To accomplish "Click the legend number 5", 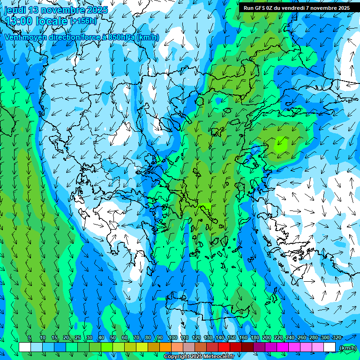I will (30, 338).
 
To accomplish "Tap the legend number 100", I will (172, 338).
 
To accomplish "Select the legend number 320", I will (337, 338).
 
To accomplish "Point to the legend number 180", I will (255, 338).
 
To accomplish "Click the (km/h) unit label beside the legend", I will (347, 348).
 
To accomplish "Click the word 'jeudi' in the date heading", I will (15, 10).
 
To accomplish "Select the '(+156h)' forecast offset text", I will (83, 21).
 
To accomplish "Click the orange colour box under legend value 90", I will (165, 347).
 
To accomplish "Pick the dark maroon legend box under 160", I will (247, 347).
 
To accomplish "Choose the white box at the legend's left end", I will (25, 347).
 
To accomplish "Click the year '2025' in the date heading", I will (97, 10).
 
